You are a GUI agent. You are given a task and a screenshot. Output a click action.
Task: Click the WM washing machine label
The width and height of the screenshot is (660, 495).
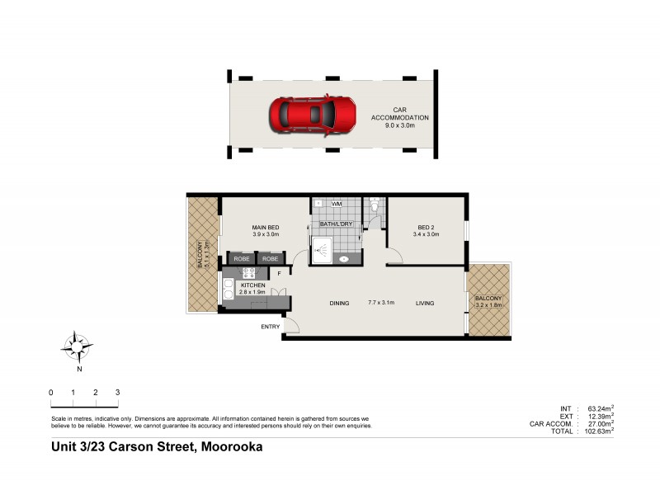point(337,203)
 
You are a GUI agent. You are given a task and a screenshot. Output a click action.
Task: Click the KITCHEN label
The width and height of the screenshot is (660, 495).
point(253,285)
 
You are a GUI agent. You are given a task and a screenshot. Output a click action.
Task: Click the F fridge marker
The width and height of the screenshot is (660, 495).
point(280,273)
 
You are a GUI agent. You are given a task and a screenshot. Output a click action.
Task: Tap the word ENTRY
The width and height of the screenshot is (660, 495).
point(271,327)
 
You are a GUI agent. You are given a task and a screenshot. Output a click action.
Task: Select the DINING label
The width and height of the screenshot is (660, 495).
point(340,303)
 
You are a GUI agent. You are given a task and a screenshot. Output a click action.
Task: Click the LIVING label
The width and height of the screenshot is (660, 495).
point(425,303)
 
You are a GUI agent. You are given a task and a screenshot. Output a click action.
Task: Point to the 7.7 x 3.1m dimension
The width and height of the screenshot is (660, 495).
point(381,303)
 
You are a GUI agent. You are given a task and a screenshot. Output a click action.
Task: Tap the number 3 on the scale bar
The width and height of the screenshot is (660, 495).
point(118,392)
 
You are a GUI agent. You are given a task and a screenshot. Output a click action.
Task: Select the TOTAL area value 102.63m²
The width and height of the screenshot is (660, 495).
point(601,431)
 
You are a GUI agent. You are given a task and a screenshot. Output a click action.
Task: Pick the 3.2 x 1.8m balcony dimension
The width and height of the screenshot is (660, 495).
point(488,304)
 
